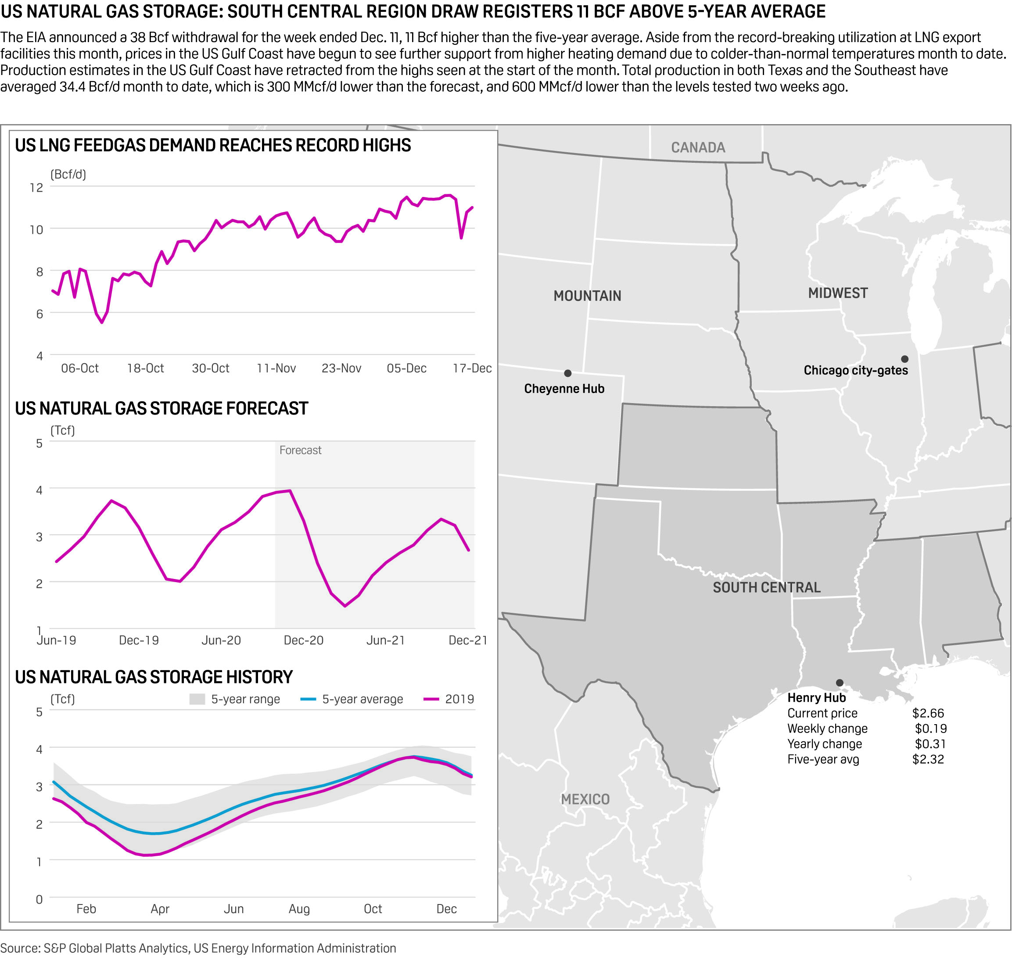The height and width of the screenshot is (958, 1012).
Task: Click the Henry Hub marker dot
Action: [840, 683]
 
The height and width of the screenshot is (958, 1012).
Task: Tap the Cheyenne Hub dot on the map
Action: [567, 373]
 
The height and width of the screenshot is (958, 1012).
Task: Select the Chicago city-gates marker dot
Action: [904, 359]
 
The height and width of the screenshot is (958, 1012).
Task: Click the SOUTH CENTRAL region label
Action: [766, 587]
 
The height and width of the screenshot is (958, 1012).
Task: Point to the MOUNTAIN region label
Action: [587, 296]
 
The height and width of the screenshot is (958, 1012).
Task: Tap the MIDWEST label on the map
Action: [838, 293]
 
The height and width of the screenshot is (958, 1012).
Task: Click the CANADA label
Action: [698, 147]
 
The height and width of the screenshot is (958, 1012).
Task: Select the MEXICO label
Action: [585, 799]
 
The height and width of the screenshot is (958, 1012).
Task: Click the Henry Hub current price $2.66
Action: [928, 713]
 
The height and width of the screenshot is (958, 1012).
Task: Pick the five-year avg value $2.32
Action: [928, 759]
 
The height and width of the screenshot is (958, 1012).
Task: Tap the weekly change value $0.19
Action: [930, 728]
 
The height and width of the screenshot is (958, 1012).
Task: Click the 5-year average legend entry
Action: [362, 699]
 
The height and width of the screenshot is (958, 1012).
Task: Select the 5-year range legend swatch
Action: [197, 699]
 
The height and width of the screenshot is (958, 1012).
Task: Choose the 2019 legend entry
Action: [459, 699]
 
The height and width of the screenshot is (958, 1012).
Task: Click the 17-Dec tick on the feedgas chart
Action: [471, 368]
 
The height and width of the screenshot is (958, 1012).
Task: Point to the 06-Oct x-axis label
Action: [80, 368]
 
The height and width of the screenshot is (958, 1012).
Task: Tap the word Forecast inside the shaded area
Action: [300, 450]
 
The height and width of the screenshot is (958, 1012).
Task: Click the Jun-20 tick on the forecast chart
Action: [221, 640]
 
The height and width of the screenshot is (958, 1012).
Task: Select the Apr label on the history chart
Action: [160, 908]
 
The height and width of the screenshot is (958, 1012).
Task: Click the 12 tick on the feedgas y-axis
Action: [36, 187]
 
